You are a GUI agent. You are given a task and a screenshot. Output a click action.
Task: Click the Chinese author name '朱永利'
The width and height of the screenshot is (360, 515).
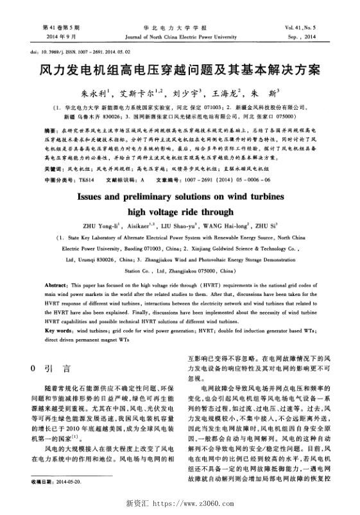click(93, 92)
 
